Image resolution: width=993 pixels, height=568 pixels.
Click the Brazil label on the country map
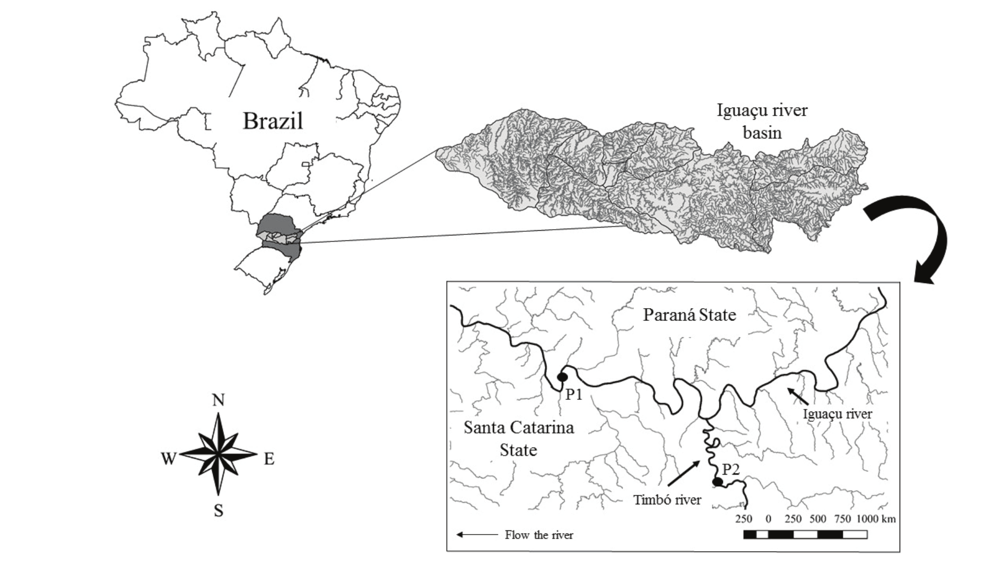pyautogui.click(x=273, y=121)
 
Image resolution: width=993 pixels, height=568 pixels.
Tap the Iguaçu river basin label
pyautogui.click(x=762, y=121)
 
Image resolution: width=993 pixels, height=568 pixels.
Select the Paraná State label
pyautogui.click(x=689, y=315)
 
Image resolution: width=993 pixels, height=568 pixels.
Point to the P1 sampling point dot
pyautogui.click(x=562, y=377)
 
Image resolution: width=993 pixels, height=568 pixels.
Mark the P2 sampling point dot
pyautogui.click(x=718, y=482)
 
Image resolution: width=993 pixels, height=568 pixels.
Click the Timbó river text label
pyautogui.click(x=667, y=500)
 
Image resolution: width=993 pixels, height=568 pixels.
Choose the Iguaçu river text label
pyautogui.click(x=838, y=414)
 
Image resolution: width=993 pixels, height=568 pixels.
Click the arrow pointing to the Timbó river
pyautogui.click(x=683, y=474)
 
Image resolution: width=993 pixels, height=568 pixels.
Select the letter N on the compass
pyautogui.click(x=218, y=400)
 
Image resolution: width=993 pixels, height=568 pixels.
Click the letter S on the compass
pyautogui.click(x=218, y=511)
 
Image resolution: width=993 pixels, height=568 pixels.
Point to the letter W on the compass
pyautogui.click(x=168, y=458)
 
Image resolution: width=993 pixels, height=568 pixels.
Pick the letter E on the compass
pyautogui.click(x=269, y=459)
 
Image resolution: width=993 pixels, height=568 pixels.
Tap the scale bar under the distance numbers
pyautogui.click(x=805, y=535)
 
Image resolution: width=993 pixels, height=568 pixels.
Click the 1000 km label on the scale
pyautogui.click(x=875, y=519)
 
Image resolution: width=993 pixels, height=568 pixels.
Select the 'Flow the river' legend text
pyautogui.click(x=539, y=535)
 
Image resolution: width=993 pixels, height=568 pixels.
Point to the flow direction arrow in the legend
pyautogui.click(x=477, y=535)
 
